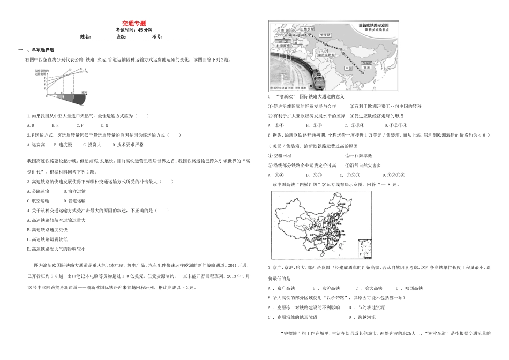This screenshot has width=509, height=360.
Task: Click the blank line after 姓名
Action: click(x=104, y=37)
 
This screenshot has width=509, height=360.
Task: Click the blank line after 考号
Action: click(x=176, y=37)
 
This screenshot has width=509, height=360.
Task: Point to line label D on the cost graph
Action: click(x=70, y=70)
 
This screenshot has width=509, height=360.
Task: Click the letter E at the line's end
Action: click(x=81, y=69)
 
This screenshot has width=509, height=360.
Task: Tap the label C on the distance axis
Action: click(x=72, y=93)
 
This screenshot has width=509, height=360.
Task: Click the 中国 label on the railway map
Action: click(x=349, y=68)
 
